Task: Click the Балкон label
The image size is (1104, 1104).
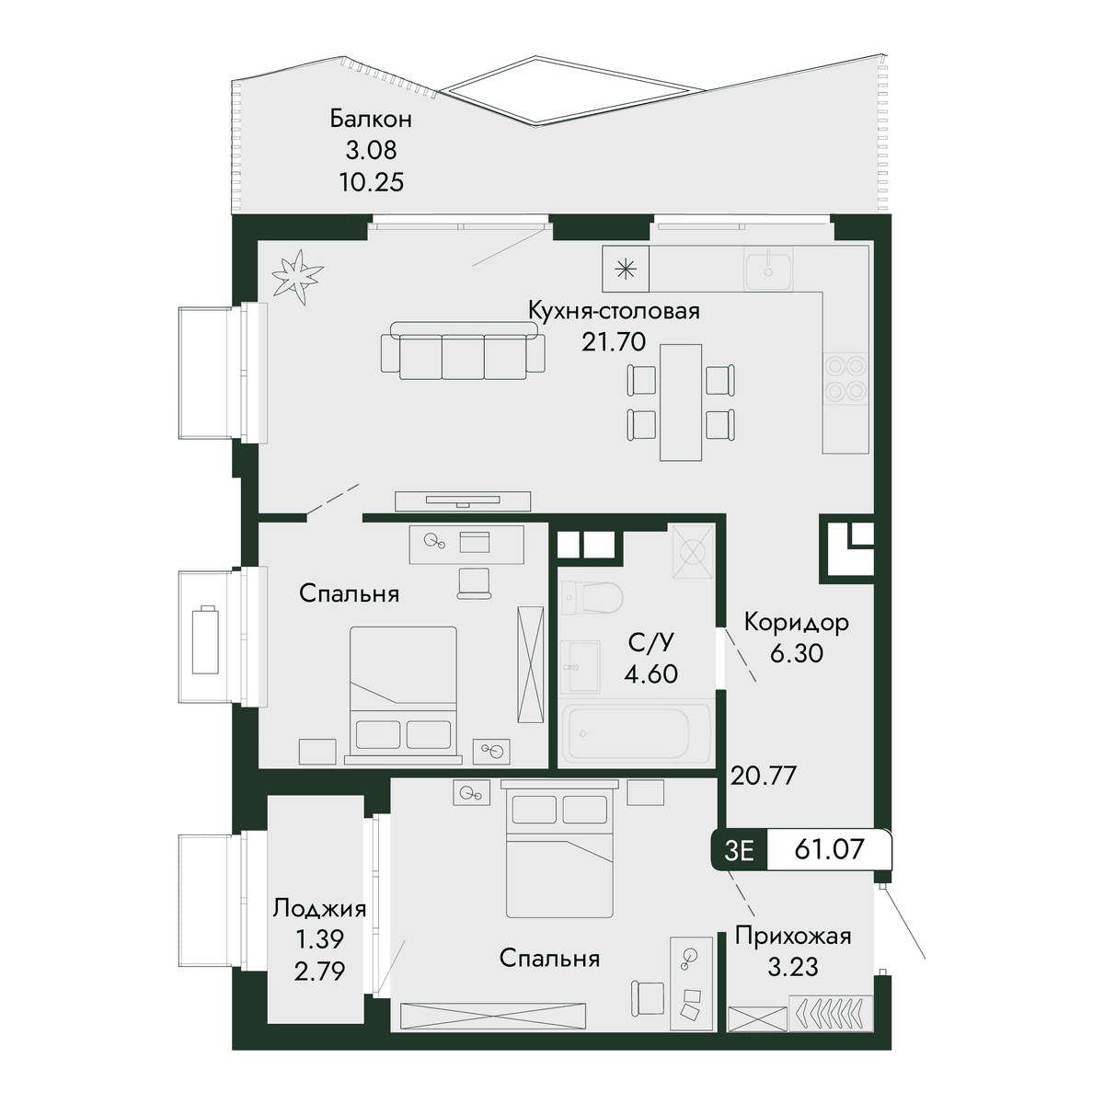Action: click(x=371, y=120)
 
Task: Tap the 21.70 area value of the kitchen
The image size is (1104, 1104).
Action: click(x=614, y=342)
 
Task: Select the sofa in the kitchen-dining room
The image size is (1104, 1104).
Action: click(x=463, y=350)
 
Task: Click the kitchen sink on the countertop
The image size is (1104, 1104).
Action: click(x=768, y=269)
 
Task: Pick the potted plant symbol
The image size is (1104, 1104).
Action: click(x=296, y=277)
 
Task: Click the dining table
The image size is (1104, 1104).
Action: click(x=681, y=402)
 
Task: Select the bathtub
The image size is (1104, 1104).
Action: click(x=637, y=736)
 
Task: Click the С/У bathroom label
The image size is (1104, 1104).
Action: click(x=650, y=643)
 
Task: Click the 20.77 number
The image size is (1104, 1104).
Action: click(x=764, y=776)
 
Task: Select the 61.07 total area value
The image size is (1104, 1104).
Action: click(x=829, y=849)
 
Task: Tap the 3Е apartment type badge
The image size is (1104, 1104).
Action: click(x=739, y=850)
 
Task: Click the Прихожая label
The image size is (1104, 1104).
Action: click(x=793, y=937)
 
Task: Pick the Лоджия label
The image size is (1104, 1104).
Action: click(x=319, y=909)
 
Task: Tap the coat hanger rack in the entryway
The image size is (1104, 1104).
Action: click(x=831, y=1014)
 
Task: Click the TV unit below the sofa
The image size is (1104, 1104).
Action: click(x=463, y=500)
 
